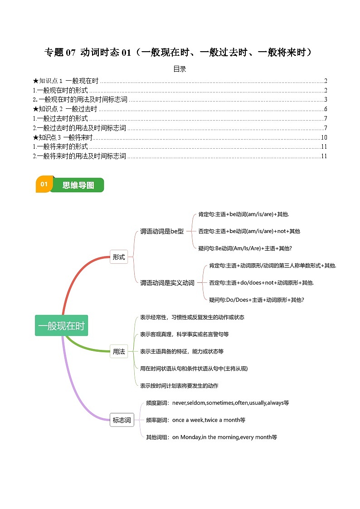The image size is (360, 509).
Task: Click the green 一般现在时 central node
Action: tap(61, 325)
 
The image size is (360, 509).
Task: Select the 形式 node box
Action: tap(119, 257)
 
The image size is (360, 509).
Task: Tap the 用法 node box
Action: tap(119, 351)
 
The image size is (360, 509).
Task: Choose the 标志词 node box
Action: tap(122, 420)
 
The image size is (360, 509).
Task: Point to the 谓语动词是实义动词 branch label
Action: tap(167, 283)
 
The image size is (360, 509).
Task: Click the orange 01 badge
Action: tap(44, 184)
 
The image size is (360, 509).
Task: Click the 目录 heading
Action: tap(180, 69)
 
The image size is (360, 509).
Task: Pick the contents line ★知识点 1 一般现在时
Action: tap(66, 81)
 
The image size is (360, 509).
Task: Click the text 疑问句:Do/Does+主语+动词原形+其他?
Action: tap(257, 300)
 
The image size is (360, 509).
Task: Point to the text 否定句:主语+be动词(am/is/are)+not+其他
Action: tap(249, 231)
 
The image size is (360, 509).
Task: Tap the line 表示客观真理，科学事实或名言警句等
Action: tap(184, 334)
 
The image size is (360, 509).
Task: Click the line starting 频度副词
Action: tap(217, 402)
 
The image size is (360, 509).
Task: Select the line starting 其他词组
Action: tap(211, 437)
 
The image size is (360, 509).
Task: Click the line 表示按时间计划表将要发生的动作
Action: tap(179, 386)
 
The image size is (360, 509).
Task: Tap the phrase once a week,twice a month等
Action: tap(209, 420)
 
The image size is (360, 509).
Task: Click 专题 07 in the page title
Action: tap(59, 53)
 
